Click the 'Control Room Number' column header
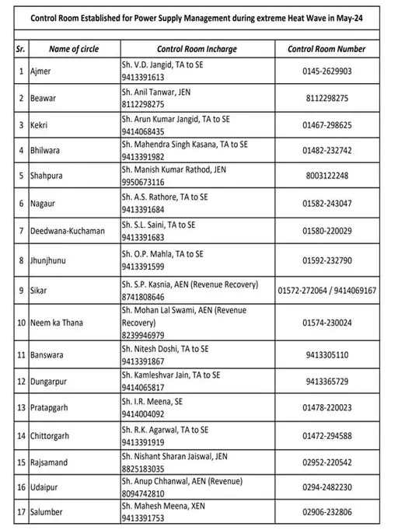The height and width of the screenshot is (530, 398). pos(326,49)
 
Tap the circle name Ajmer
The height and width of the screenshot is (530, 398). pos(40,71)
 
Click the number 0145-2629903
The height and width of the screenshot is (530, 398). pos(326,71)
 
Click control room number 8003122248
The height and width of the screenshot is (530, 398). pos(326,176)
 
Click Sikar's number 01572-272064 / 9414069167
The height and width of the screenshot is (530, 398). pos(326,291)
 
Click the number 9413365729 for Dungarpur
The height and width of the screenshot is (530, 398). pos(326,382)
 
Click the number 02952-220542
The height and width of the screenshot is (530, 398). pos(326,462)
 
